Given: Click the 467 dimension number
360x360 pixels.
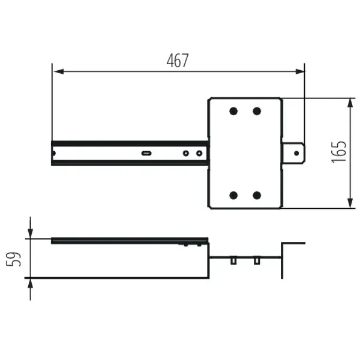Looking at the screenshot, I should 177,61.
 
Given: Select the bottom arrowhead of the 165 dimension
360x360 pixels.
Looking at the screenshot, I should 350,203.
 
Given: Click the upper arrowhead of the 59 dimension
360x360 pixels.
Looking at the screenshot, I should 30,233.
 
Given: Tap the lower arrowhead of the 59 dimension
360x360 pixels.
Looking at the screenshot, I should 30,283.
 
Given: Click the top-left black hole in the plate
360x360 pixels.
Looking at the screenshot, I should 233,111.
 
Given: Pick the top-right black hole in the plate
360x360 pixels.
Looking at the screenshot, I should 257,111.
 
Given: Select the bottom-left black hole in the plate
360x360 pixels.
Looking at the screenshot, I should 233,195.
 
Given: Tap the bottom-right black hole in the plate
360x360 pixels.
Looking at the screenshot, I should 257,195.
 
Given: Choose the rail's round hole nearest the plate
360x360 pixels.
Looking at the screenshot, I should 198,153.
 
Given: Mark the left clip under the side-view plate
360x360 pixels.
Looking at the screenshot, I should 232,261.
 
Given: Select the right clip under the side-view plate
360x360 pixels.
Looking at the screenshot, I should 257,261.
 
